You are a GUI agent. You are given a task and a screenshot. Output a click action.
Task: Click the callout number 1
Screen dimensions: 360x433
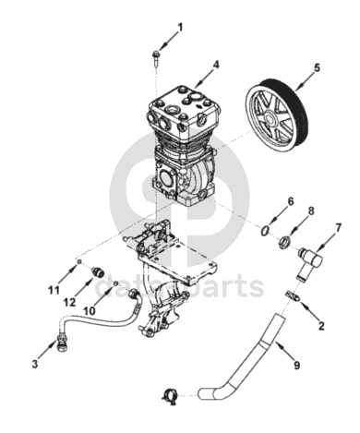click(x=180, y=28)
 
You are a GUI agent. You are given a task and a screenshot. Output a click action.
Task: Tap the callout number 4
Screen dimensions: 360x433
click(x=216, y=65)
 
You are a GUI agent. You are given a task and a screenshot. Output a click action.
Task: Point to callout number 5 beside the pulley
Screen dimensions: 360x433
click(x=317, y=67)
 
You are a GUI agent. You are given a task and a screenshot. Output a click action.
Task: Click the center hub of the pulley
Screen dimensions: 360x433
click(x=270, y=118)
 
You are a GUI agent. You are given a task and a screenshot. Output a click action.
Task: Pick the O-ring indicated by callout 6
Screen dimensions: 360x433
click(x=265, y=231)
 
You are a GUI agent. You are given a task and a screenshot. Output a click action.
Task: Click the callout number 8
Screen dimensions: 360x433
click(x=311, y=211)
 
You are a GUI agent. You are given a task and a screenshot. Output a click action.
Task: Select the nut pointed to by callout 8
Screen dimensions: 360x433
click(x=284, y=242)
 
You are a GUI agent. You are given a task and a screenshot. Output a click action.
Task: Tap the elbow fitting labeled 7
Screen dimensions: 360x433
click(x=309, y=261)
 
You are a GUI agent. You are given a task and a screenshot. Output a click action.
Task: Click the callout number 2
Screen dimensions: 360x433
click(x=321, y=326)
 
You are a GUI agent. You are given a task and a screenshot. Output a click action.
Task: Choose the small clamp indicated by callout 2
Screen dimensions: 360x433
click(x=294, y=296)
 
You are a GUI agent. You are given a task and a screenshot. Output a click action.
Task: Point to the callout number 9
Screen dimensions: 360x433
click(x=296, y=366)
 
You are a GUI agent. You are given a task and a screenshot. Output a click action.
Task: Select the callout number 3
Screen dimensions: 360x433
click(x=35, y=364)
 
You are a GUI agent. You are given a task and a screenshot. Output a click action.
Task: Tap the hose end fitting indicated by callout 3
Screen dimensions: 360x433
click(x=63, y=343)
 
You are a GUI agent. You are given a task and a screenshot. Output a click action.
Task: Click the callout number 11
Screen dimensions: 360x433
click(x=54, y=290)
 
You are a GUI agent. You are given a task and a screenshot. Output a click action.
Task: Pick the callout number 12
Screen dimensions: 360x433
click(x=69, y=302)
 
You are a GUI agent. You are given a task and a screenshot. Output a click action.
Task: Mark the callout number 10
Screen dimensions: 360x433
click(x=90, y=310)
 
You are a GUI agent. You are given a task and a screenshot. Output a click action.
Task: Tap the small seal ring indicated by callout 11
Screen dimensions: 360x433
click(x=79, y=261)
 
